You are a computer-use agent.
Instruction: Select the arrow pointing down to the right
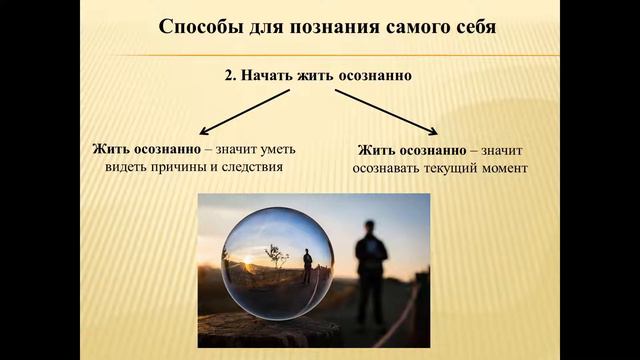[388, 111]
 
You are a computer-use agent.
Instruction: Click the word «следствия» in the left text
[252, 167]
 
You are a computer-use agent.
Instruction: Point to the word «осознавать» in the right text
[388, 168]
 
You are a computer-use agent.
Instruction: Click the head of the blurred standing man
[370, 228]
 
